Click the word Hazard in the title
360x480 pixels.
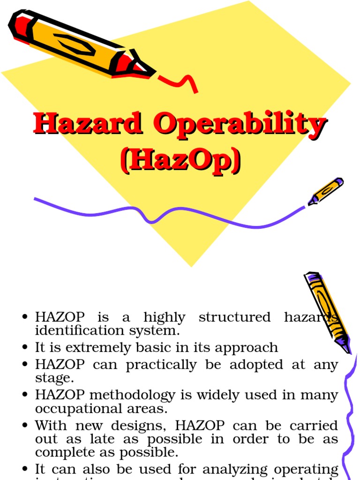pos(88,125)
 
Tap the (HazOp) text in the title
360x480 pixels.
pos(180,162)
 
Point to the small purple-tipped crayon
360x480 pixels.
pos(325,191)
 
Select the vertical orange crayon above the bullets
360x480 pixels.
pos(327,311)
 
